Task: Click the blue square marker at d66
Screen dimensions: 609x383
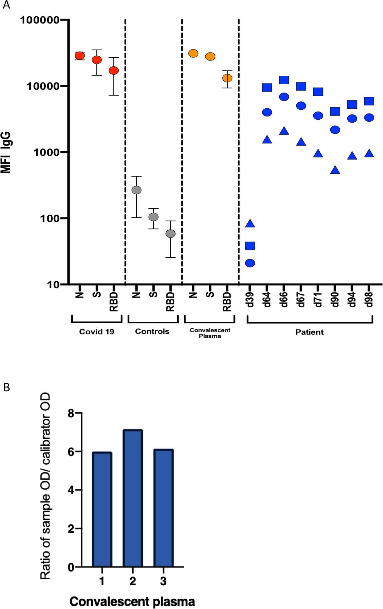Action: pyautogui.click(x=284, y=80)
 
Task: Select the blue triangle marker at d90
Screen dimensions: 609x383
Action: pyautogui.click(x=335, y=170)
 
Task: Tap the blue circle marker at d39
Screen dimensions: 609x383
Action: pyautogui.click(x=250, y=263)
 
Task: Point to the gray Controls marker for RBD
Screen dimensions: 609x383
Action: pyautogui.click(x=170, y=234)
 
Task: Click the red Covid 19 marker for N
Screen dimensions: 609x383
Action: pyautogui.click(x=80, y=56)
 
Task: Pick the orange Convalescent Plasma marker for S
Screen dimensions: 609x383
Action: pyautogui.click(x=210, y=56)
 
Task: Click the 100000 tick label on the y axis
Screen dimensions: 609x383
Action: pyautogui.click(x=40, y=20)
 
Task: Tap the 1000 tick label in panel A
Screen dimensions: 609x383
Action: pyautogui.click(x=46, y=152)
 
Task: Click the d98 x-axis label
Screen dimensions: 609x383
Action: pyautogui.click(x=369, y=300)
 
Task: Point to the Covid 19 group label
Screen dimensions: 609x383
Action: pyautogui.click(x=97, y=331)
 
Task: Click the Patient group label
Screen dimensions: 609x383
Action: pyautogui.click(x=309, y=332)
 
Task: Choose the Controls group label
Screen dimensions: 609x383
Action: pyautogui.click(x=152, y=331)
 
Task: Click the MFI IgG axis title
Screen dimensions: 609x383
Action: pyautogui.click(x=6, y=152)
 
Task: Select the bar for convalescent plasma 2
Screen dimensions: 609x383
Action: pyautogui.click(x=133, y=498)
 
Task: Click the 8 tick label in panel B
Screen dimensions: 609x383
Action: pyautogui.click(x=71, y=413)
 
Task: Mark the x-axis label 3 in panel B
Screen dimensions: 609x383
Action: pyautogui.click(x=163, y=581)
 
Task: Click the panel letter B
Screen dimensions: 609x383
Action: pyautogui.click(x=7, y=388)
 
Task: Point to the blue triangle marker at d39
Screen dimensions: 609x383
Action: pyautogui.click(x=250, y=223)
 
